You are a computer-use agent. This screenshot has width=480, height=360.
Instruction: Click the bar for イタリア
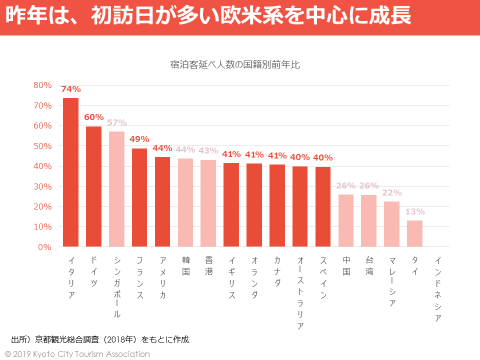coord(70,172)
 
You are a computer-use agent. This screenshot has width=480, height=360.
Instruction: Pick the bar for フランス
coord(139,197)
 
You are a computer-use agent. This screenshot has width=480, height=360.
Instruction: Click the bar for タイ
coord(414,233)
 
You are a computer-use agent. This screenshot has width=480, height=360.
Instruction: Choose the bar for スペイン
coord(323,206)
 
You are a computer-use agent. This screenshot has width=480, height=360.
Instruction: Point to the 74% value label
coord(70,89)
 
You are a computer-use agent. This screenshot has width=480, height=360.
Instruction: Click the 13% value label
coord(414,212)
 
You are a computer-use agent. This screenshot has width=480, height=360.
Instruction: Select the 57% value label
coord(116,122)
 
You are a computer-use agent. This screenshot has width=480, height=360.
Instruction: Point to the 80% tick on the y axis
coord(42,85)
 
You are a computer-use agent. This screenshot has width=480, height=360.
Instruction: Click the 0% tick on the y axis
coord(45,247)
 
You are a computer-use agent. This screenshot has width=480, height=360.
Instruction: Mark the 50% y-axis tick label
coord(42,146)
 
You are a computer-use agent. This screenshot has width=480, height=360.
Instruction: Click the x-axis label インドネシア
coord(438,289)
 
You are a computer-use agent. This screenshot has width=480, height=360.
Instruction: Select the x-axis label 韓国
coord(185,266)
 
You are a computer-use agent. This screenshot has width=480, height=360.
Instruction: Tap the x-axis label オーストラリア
coord(300,293)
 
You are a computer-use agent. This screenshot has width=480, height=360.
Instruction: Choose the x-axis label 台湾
coord(369,266)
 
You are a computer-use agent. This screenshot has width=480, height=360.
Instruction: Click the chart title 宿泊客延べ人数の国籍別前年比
coord(234,64)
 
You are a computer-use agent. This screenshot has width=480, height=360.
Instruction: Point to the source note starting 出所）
coord(100,339)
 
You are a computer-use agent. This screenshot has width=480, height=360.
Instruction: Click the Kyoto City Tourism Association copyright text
coord(77,354)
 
